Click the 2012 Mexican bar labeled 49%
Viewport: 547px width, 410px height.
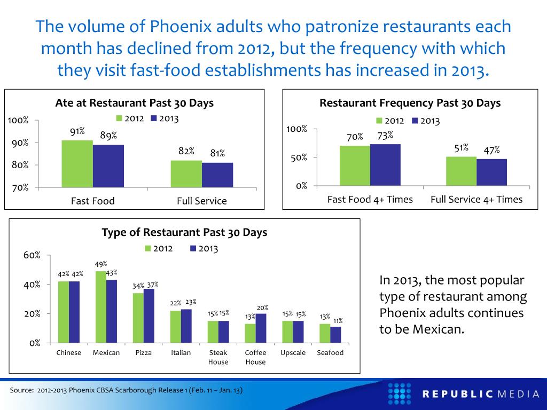click(x=101, y=307)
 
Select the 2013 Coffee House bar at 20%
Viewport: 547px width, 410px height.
click(x=261, y=328)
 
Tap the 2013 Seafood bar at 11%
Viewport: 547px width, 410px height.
click(x=335, y=335)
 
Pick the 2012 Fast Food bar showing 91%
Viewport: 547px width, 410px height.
click(x=77, y=164)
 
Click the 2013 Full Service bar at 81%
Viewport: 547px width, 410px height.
click(x=217, y=175)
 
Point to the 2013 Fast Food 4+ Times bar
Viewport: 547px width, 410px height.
click(x=385, y=165)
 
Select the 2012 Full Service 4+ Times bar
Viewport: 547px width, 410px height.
click(x=461, y=171)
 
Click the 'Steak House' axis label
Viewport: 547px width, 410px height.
click(x=218, y=357)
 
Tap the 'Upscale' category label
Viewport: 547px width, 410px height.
click(x=293, y=353)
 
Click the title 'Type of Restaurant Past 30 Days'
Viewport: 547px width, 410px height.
click(x=184, y=233)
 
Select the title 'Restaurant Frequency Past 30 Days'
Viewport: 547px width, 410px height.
click(x=410, y=103)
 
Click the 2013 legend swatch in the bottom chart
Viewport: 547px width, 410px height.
click(x=193, y=248)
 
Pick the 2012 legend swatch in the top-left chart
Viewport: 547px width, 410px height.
click(x=120, y=119)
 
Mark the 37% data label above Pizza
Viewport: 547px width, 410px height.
click(x=153, y=285)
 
